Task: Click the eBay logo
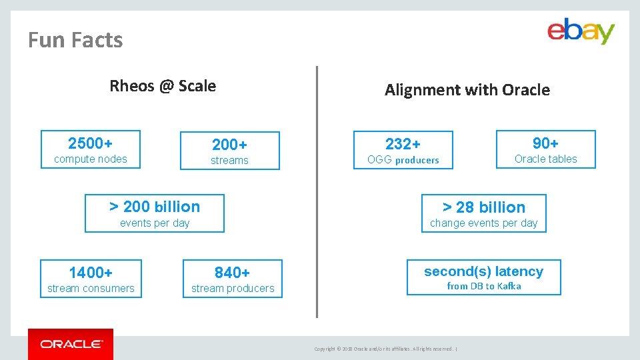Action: [581, 31]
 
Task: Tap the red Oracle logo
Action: [71, 344]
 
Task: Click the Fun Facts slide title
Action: [75, 40]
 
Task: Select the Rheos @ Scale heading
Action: [163, 86]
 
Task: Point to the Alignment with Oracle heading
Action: [467, 90]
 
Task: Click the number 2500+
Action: [90, 143]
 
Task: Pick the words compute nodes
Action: [90, 159]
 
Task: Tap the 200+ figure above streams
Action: [229, 145]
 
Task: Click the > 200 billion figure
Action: [155, 207]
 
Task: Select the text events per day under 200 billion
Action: [155, 223]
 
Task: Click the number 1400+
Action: [91, 273]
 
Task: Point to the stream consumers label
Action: [91, 289]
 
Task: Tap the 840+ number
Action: [232, 273]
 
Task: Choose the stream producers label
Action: [233, 289]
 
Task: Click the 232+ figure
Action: [403, 144]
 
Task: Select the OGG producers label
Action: [403, 160]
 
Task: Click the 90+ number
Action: [545, 143]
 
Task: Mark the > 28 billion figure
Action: [484, 207]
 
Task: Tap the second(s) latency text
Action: [483, 271]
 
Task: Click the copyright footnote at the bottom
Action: [385, 349]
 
